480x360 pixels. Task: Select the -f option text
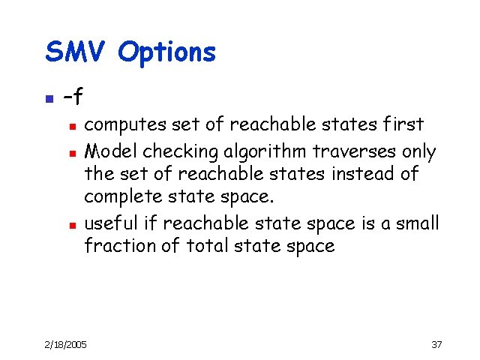(73, 97)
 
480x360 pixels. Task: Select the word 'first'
(403, 124)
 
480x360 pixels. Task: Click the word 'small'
(415, 223)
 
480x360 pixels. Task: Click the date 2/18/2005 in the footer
(65, 344)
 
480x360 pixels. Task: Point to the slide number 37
(436, 344)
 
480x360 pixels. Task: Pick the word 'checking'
(171, 151)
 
